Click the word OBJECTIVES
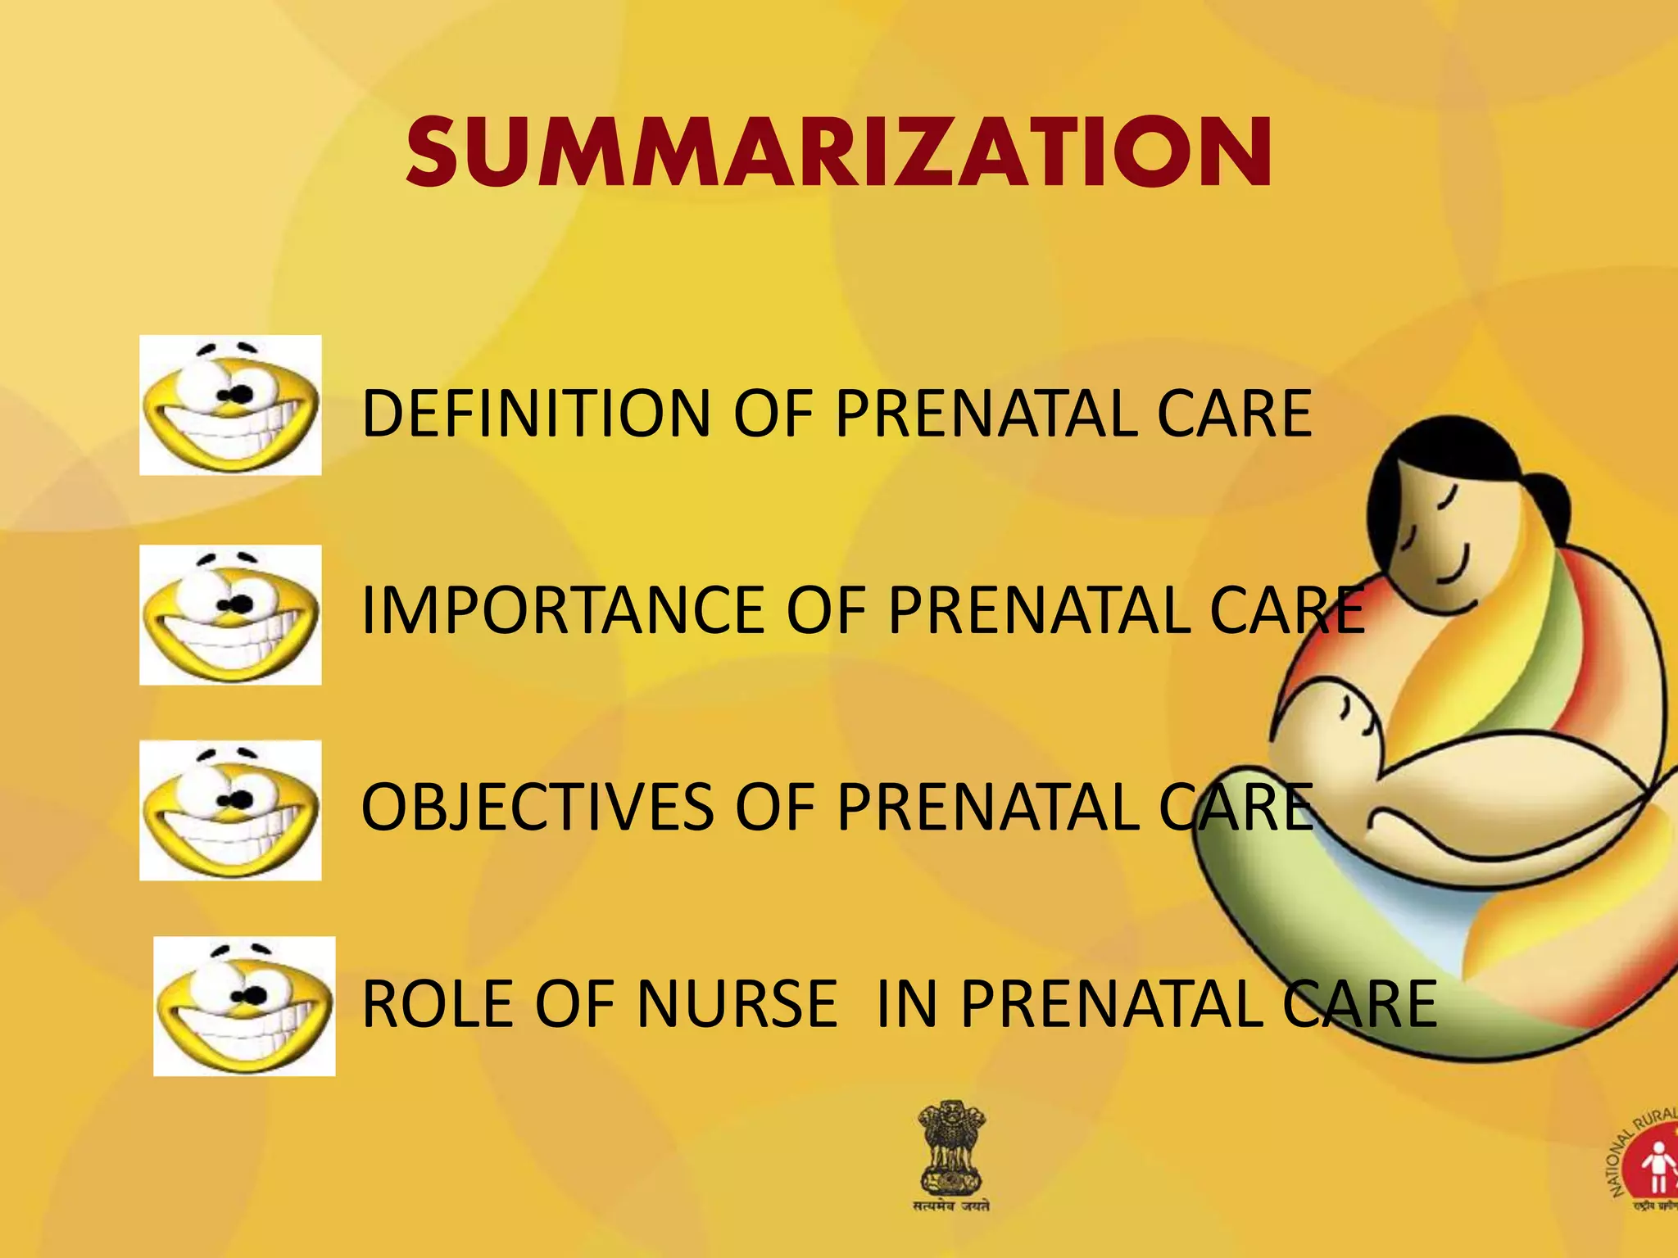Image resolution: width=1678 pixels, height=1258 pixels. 537,807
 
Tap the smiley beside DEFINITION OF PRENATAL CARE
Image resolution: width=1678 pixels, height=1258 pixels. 230,405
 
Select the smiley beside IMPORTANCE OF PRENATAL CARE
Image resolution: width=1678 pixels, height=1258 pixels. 230,614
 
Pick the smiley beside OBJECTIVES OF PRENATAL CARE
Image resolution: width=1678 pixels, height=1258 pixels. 230,810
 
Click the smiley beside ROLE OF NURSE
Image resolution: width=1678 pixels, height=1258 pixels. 244,1006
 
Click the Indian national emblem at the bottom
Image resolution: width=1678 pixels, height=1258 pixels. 950,1147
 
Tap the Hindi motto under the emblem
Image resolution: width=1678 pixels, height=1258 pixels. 951,1206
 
